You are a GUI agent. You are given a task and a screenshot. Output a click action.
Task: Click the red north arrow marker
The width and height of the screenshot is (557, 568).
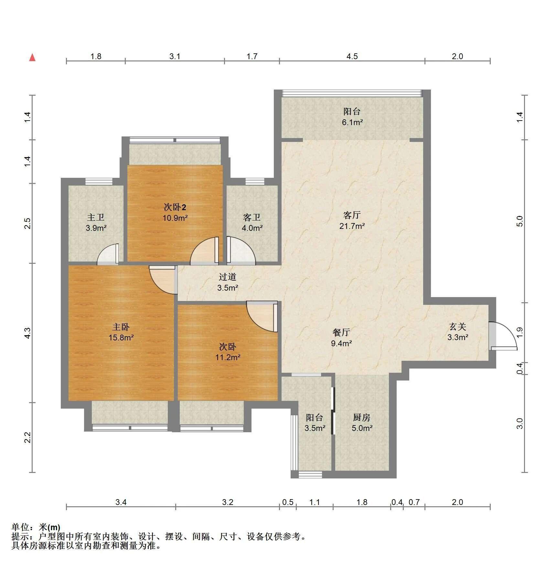pyautogui.click(x=32, y=58)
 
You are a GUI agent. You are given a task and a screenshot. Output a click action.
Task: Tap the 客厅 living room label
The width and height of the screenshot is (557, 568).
pyautogui.click(x=352, y=215)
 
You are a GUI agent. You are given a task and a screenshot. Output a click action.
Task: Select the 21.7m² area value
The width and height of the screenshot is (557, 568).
pyautogui.click(x=352, y=226)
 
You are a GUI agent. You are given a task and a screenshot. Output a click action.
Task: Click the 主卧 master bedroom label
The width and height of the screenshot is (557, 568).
pyautogui.click(x=121, y=327)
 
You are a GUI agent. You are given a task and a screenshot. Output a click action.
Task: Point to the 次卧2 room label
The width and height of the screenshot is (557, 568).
pyautogui.click(x=175, y=207)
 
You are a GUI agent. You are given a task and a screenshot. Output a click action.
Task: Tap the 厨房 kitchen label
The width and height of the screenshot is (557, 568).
pyautogui.click(x=361, y=417)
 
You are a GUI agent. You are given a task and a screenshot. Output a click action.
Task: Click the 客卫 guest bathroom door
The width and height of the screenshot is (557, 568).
pyautogui.click(x=241, y=251)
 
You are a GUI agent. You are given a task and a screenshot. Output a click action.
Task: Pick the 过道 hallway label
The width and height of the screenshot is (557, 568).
pyautogui.click(x=228, y=277)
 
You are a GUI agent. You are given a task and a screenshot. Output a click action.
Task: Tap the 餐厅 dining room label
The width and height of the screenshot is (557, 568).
pyautogui.click(x=341, y=332)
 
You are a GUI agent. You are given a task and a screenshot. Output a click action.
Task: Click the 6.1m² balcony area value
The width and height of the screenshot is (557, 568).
pyautogui.click(x=352, y=123)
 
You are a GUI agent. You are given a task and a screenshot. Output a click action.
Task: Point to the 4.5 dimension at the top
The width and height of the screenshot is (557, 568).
pyautogui.click(x=352, y=56)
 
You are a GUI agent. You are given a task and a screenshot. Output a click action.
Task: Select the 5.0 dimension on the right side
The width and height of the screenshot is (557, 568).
pyautogui.click(x=520, y=221)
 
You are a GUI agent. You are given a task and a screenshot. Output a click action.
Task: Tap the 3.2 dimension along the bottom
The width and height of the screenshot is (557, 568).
pyautogui.click(x=228, y=502)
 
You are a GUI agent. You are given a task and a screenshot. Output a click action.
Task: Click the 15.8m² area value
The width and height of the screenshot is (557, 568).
pyautogui.click(x=121, y=338)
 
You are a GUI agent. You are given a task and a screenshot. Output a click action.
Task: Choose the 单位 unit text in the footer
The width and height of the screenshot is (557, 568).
pyautogui.click(x=21, y=527)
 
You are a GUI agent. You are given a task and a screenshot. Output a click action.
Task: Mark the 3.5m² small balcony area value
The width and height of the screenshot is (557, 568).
pyautogui.click(x=315, y=428)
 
